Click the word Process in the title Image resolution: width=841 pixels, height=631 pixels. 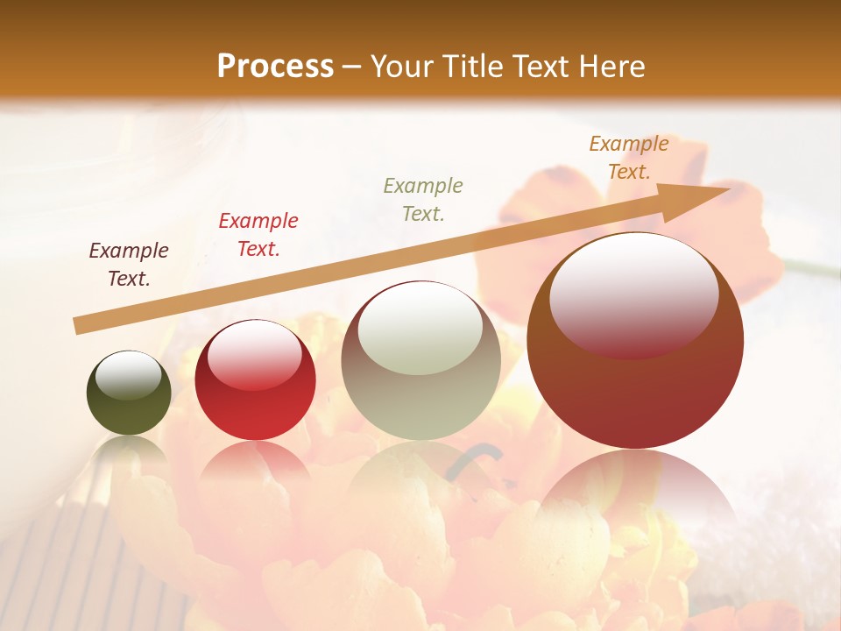(x=275, y=67)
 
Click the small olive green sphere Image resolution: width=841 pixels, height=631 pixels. (x=129, y=393)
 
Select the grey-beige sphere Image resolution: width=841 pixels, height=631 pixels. (x=420, y=360)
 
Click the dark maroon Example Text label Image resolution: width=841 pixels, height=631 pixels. (x=129, y=265)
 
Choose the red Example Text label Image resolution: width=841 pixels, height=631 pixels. (x=258, y=235)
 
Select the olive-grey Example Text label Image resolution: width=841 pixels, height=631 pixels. (x=423, y=199)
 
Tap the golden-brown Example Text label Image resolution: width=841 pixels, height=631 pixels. (x=629, y=158)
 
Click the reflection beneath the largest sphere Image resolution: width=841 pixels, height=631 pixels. (x=635, y=491)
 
